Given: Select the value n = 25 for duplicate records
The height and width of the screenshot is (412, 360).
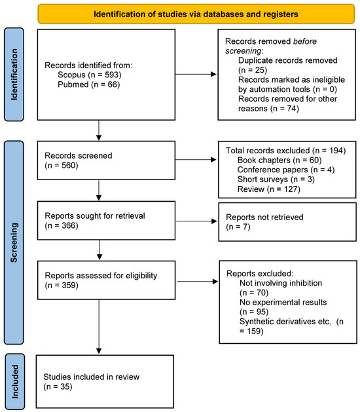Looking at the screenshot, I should [x=255, y=68].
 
